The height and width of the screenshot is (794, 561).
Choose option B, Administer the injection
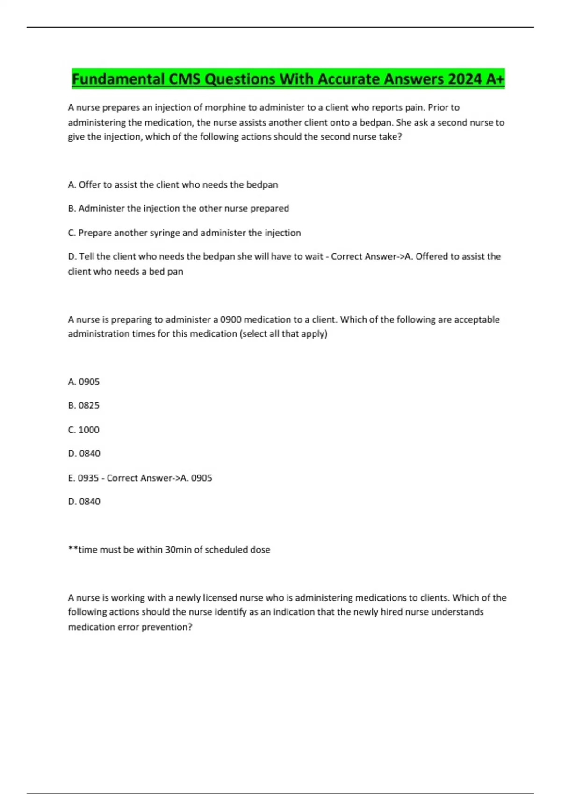coord(179,208)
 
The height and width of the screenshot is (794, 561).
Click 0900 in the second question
coord(230,319)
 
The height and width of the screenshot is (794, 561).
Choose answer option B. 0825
coord(84,405)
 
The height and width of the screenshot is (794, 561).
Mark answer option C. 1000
coord(84,430)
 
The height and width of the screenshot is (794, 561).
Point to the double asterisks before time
coord(73,549)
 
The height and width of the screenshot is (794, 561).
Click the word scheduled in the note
coord(226,550)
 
